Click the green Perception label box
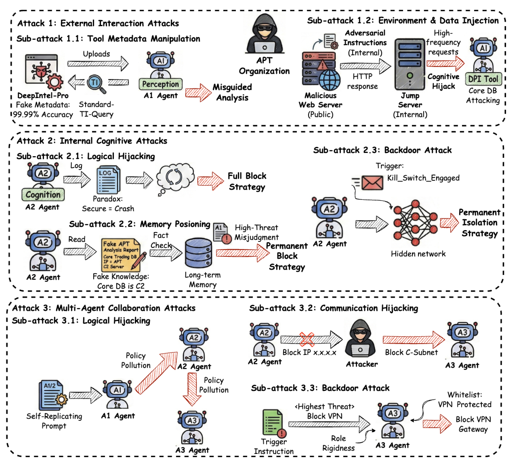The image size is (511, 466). [160, 84]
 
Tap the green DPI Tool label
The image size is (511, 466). [483, 79]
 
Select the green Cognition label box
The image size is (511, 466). [43, 195]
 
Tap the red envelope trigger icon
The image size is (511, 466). [372, 183]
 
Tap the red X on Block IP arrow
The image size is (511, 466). [307, 339]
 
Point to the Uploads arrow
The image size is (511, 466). [98, 63]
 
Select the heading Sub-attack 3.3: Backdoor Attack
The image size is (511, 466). [320, 388]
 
